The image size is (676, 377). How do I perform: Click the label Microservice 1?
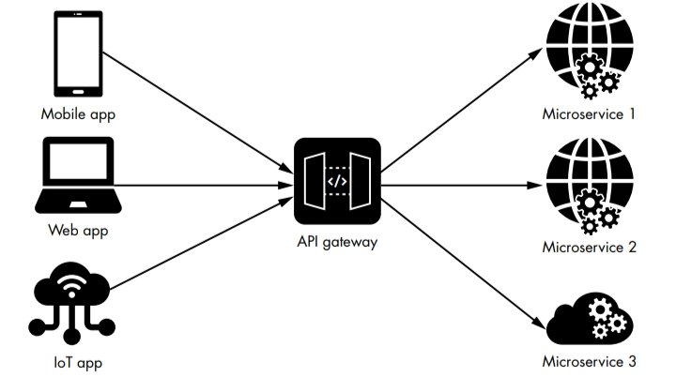(x=590, y=114)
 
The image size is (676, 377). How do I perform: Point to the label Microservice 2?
(x=590, y=248)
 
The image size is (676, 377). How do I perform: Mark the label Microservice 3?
(x=590, y=361)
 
